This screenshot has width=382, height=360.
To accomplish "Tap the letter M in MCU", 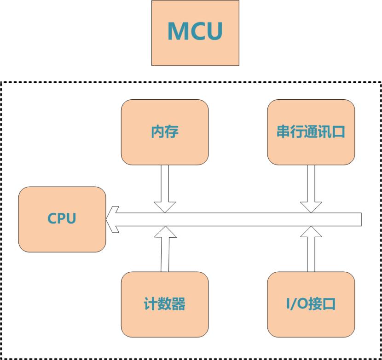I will click(177, 31).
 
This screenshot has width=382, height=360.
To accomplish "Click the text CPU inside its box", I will click(62, 218).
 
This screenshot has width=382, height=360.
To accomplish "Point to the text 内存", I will click(165, 132).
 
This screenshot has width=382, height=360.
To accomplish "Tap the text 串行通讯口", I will click(311, 132).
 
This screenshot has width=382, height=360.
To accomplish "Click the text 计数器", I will click(165, 304).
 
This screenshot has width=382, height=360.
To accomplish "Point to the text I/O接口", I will click(311, 304).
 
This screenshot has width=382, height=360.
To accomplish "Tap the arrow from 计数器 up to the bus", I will click(165, 251).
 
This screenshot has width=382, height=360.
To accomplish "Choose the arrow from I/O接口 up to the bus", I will click(311, 251).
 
